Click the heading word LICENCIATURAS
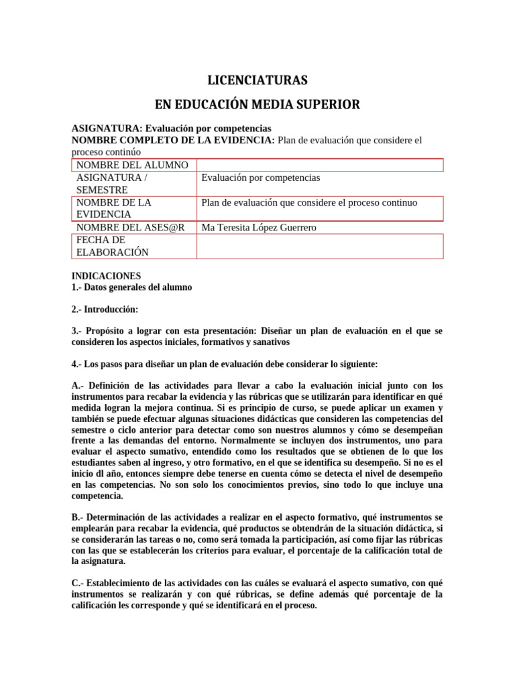point(257,80)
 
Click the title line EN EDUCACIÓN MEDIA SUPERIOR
point(257,105)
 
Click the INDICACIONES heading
point(106,275)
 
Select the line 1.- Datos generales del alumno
point(131,287)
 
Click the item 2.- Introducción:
point(105,310)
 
